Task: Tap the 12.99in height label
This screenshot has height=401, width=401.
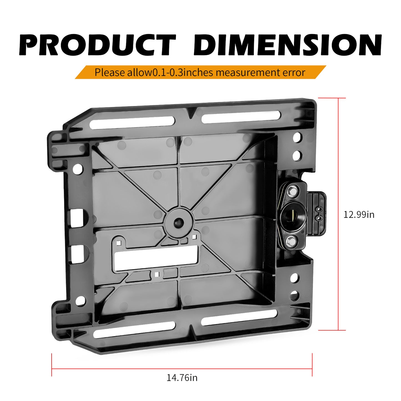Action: [359, 215]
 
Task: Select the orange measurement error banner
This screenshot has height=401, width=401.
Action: [200, 72]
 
